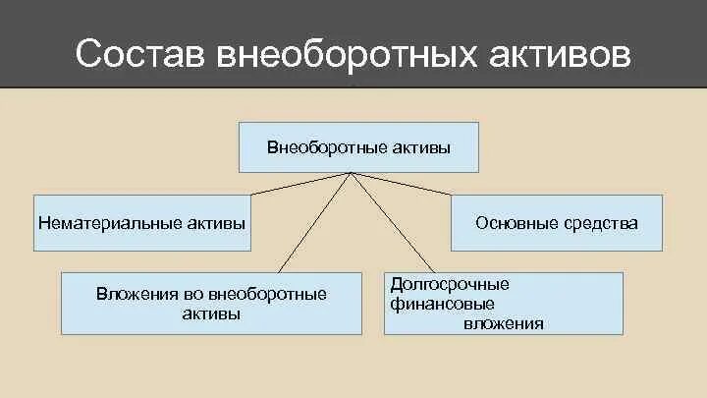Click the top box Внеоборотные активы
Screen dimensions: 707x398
358,147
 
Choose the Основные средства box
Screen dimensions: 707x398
556,223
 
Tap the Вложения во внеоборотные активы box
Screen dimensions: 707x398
211,304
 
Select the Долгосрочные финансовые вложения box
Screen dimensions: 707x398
503,304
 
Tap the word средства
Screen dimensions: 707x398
601,223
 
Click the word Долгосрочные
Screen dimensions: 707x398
450,284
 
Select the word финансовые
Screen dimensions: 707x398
439,304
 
